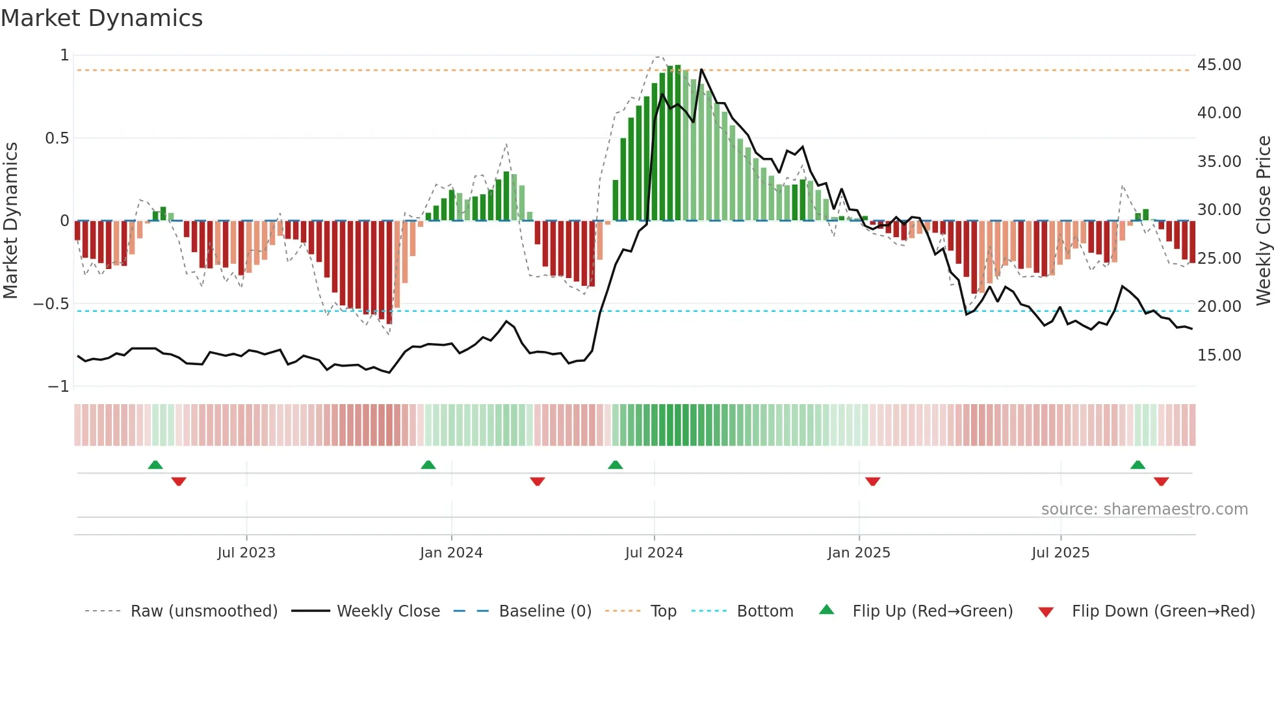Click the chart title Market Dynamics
pos(102,18)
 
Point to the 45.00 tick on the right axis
pos(1219,65)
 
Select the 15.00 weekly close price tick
pos(1219,355)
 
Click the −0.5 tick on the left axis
pos(51,304)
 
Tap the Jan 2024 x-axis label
pos(451,553)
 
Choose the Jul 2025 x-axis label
pos(1060,553)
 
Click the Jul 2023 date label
pos(246,553)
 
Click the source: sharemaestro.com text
pos(1144,509)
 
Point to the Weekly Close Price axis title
pos(1263,221)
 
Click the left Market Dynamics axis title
pos(10,221)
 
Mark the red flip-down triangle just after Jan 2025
pos(873,481)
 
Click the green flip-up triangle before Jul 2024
pos(615,465)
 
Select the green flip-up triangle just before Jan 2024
pos(428,465)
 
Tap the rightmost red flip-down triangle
pos(1162,481)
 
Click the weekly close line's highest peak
pos(701,70)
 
